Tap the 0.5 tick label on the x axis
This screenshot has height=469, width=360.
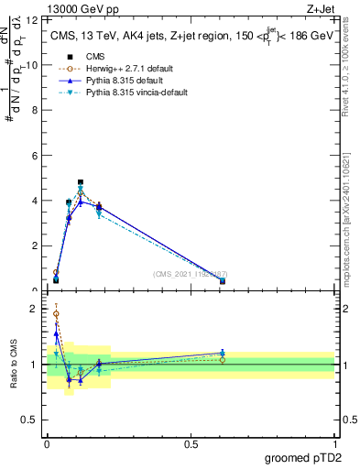point(191,443)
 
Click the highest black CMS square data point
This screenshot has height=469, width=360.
point(81,182)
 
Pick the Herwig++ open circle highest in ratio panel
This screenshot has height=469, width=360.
point(56,313)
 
